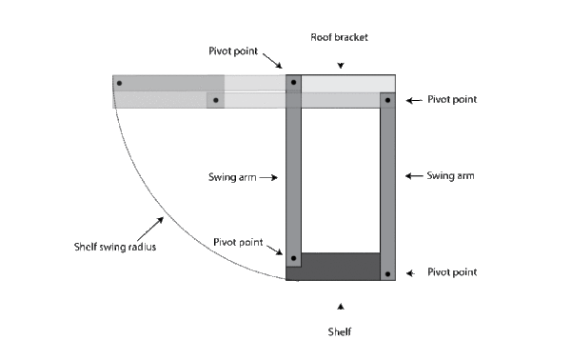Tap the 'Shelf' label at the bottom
[341, 331]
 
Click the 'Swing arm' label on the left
[232, 177]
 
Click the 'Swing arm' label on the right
[451, 176]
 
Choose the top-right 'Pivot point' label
[451, 99]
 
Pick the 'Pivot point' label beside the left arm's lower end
[238, 241]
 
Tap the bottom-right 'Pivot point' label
[451, 272]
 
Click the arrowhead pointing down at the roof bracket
[341, 66]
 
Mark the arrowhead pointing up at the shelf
[341, 306]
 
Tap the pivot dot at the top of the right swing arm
[387, 99]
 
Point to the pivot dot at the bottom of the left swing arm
[293, 258]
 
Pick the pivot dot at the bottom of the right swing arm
[387, 273]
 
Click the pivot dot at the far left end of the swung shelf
[119, 83]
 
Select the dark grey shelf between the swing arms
[340, 267]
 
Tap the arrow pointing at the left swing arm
[270, 177]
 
